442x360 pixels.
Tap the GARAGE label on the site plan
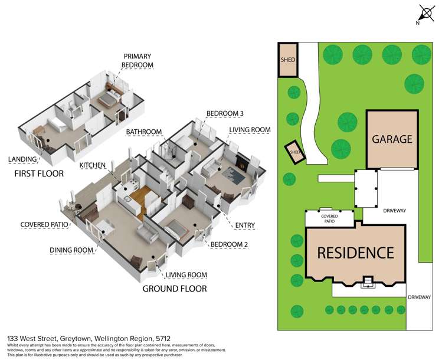point(392,140)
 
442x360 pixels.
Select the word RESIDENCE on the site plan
point(355,253)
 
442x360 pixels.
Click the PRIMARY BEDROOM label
point(121,61)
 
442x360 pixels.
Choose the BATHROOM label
point(144,131)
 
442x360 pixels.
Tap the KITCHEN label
point(93,165)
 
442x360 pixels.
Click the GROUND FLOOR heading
point(175,289)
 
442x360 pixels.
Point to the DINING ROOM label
point(72,250)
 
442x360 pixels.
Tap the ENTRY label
point(246,225)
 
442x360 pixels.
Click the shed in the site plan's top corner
point(288,60)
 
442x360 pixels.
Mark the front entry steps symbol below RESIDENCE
point(368,282)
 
